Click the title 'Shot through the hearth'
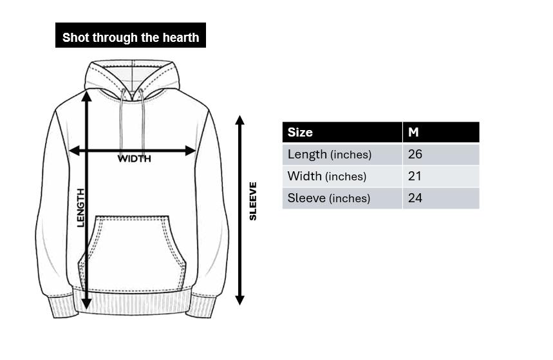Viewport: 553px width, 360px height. point(131,37)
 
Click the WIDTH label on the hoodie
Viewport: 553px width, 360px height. point(135,159)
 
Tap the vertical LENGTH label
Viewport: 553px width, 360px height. point(81,208)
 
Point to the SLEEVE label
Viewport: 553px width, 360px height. point(253,201)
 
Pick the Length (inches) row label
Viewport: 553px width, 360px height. point(330,155)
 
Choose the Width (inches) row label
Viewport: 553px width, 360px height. point(327,176)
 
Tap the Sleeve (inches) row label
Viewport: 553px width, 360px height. point(329,198)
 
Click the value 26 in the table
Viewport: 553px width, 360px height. point(415,154)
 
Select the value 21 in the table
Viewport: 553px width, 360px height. point(415,176)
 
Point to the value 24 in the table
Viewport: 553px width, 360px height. point(415,198)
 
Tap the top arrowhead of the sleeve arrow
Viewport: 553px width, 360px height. point(240,120)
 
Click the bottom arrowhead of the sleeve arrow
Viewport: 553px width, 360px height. point(240,300)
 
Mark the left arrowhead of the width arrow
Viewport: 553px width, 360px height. point(74,151)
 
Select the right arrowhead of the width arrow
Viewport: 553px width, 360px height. point(191,151)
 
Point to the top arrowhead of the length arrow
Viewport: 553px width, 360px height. point(86,96)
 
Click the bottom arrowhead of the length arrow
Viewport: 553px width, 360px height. point(86,304)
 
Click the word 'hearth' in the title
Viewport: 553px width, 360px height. point(181,37)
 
